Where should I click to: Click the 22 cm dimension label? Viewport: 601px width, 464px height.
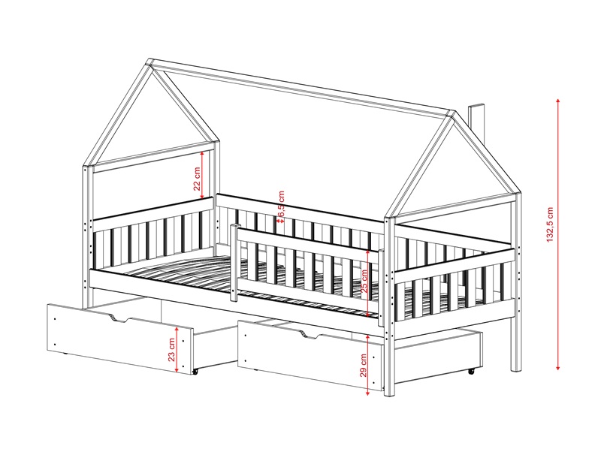[x=197, y=179]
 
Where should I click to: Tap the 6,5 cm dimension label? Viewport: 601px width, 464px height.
[x=282, y=206]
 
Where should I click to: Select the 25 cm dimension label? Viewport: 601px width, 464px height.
[x=364, y=282]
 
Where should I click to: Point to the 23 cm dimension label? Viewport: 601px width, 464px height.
[x=172, y=350]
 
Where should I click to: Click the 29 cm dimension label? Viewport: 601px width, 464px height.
[x=364, y=365]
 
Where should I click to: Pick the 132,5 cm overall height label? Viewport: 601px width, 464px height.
[x=550, y=224]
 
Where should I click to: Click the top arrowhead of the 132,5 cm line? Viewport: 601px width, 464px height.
[x=558, y=101]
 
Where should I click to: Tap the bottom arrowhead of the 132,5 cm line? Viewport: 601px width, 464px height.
[x=558, y=367]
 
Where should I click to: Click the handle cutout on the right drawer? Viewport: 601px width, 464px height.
[x=310, y=335]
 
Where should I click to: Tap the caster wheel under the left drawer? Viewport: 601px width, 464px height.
[x=195, y=372]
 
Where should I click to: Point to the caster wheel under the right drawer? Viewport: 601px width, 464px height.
[x=471, y=371]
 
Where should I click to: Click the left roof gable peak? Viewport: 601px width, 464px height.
[x=149, y=62]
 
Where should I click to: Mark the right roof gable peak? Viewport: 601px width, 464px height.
[x=453, y=113]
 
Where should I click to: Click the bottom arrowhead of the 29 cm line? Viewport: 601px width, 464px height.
[x=367, y=393]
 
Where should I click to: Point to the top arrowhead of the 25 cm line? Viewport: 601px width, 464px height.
[x=368, y=252]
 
